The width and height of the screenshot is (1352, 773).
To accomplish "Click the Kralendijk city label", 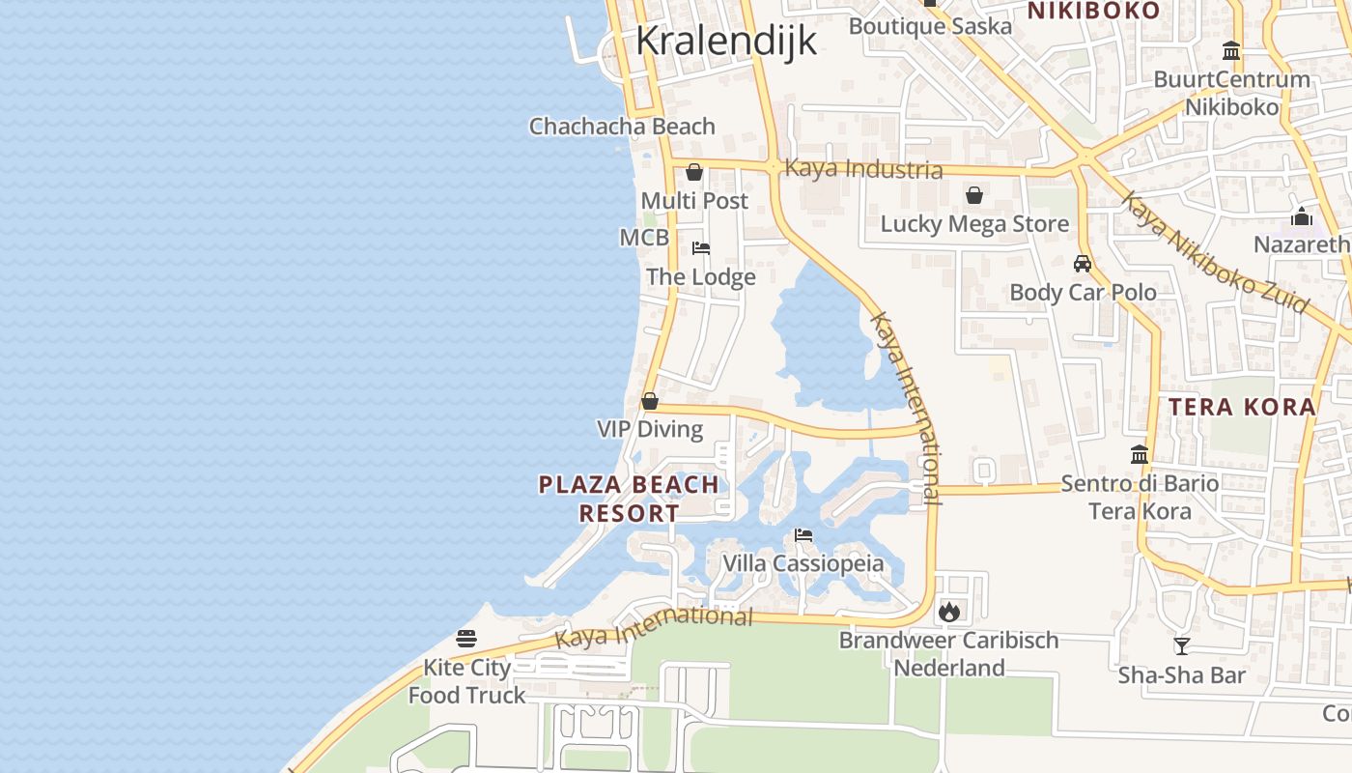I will tap(726, 41).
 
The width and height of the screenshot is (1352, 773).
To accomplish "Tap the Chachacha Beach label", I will tap(622, 127).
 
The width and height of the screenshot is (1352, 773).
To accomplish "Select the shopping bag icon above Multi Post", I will tap(693, 172).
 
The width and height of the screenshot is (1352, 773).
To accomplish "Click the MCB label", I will tap(644, 238).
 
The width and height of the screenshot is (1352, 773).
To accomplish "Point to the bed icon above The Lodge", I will tap(701, 248).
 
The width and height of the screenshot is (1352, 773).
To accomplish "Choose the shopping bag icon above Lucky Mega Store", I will tap(973, 195).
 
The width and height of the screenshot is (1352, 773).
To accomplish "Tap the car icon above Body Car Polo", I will tap(1083, 263).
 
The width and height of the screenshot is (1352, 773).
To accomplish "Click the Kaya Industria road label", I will tap(863, 169).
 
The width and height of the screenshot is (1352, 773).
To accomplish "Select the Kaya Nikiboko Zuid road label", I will tap(1215, 253).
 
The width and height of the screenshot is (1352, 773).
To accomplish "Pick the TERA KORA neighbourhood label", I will tap(1242, 407).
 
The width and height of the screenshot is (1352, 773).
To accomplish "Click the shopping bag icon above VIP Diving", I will tap(650, 400).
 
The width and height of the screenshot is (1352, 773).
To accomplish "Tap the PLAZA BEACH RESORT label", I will tap(629, 499).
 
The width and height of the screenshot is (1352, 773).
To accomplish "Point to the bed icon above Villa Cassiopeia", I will tap(803, 535).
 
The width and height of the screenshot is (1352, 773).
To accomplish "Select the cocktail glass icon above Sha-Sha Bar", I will tap(1181, 645).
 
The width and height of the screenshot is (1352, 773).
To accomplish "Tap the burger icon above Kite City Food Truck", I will tap(466, 639).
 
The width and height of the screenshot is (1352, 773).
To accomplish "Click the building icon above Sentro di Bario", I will tap(1140, 454).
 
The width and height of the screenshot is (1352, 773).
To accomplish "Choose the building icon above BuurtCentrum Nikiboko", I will tap(1231, 50).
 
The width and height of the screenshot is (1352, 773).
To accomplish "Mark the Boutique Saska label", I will tap(930, 26).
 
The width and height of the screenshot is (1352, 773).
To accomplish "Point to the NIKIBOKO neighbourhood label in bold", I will tap(1092, 11).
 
